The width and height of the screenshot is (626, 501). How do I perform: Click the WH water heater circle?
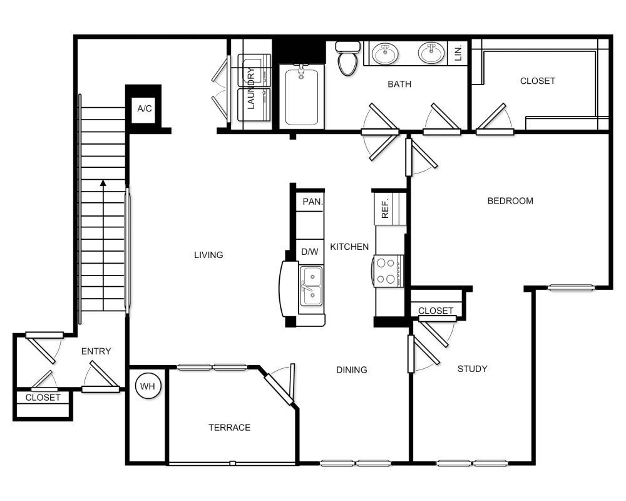148,386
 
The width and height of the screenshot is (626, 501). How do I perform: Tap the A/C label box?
144,109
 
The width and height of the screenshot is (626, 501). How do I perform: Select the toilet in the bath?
347,59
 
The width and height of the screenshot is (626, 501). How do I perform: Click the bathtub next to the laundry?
302,96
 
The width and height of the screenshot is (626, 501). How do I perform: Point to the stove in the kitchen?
389,271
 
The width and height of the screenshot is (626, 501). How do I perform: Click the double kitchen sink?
311,286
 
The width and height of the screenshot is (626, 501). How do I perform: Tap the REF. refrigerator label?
385,209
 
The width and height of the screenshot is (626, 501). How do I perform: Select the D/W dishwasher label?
310,252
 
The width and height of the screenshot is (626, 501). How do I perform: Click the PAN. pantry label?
312,202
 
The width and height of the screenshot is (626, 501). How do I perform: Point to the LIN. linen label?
458,53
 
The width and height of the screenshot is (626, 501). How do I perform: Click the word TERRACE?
230,428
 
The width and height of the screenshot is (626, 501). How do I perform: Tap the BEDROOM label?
510,201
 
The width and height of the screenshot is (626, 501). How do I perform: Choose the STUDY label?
472,369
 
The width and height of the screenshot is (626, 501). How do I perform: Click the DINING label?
352,370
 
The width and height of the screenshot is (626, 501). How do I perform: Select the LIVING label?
208,255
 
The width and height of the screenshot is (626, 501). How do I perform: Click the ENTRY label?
96,351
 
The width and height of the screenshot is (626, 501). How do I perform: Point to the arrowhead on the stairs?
103,183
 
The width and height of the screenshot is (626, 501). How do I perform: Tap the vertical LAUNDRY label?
251,89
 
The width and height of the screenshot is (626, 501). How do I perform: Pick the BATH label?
399,85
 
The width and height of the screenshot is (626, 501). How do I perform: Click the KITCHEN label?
349,247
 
